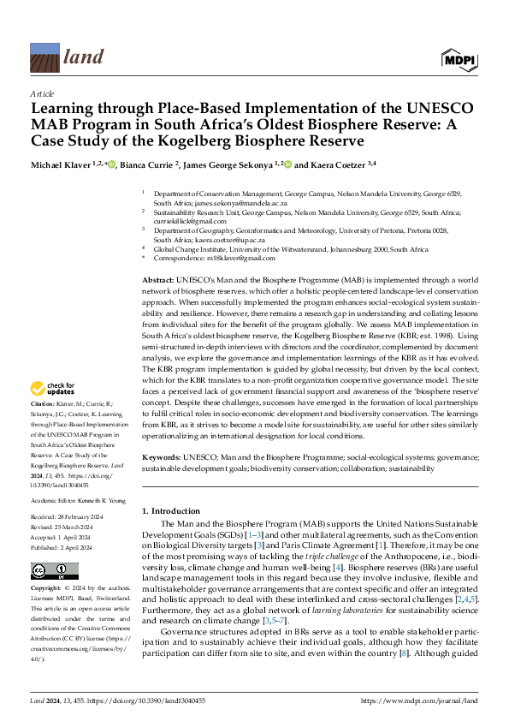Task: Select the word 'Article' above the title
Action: [x=41, y=93]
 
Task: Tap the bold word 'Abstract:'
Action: [x=157, y=280]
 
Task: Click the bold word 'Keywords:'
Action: [x=161, y=458]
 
